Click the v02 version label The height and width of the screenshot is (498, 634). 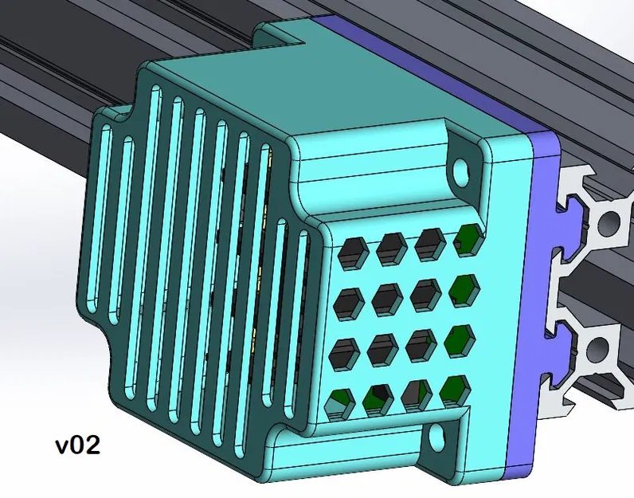coord(77,444)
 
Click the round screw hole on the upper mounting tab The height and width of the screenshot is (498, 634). coord(460,168)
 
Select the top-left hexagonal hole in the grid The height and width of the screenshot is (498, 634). coord(350,253)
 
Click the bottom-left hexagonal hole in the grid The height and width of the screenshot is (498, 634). coord(341,398)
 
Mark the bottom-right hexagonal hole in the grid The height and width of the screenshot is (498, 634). coord(455,390)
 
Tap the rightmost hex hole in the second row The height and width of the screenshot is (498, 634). coord(463,288)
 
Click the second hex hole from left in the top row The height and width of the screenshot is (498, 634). coord(391,249)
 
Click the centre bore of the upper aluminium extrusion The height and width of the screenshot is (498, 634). coord(609,222)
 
